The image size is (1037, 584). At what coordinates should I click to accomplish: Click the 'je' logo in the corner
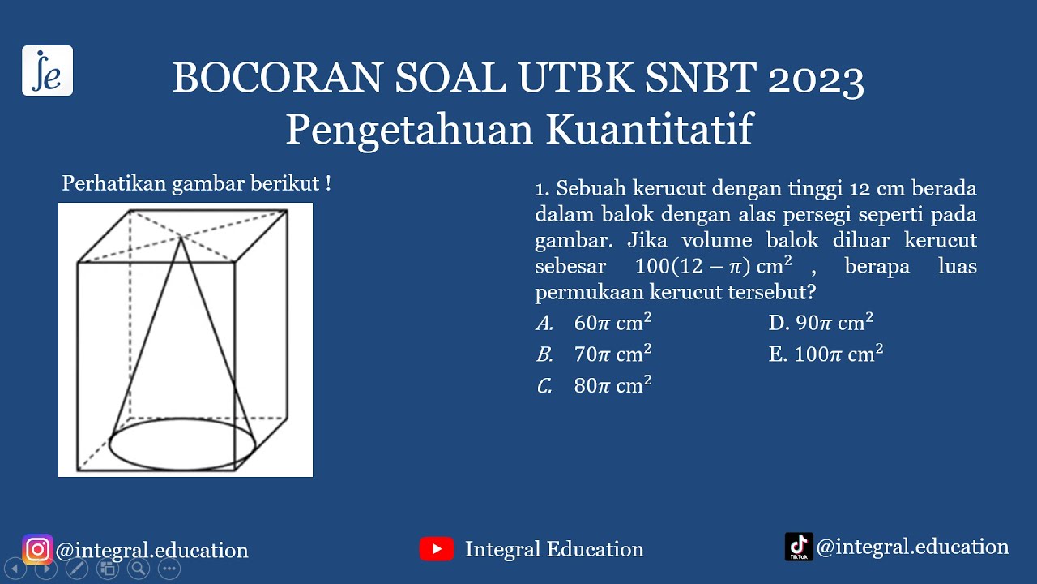tap(47, 71)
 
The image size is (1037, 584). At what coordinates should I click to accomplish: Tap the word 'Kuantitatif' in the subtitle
tap(649, 130)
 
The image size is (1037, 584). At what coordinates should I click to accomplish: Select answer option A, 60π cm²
tap(595, 323)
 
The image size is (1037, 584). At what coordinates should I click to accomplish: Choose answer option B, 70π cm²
tap(595, 354)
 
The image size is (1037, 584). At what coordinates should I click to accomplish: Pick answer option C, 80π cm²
tap(595, 386)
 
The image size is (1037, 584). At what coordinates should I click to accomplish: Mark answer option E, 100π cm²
tap(826, 354)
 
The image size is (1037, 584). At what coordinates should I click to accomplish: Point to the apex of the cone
tap(181, 236)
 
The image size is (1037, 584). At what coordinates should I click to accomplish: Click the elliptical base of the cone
tap(182, 444)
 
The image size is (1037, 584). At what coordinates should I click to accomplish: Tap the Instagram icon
tap(37, 550)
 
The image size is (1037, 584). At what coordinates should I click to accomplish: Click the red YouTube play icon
tap(437, 549)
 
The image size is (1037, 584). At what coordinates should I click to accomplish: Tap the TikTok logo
tap(799, 547)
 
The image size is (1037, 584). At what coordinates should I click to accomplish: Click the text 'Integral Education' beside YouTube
tap(554, 549)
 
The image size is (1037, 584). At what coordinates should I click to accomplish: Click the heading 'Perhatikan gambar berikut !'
tap(196, 184)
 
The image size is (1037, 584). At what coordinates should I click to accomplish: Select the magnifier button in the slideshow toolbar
tap(139, 569)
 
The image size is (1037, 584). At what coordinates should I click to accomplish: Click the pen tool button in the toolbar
tap(77, 569)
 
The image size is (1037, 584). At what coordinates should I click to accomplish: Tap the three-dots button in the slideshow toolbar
tap(169, 569)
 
